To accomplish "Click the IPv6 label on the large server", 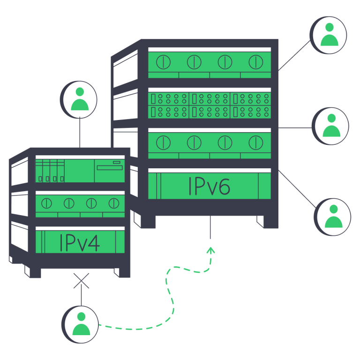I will pyautogui.click(x=209, y=186).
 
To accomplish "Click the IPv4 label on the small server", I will pyautogui.click(x=80, y=242).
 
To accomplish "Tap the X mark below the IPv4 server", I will pyautogui.click(x=82, y=281).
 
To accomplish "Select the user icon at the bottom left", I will pyautogui.click(x=81, y=324).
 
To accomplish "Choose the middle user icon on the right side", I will pyautogui.click(x=331, y=126).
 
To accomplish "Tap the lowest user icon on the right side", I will pyautogui.click(x=332, y=216).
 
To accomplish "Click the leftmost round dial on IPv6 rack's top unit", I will pyautogui.click(x=163, y=61).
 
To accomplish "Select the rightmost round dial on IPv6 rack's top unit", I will pyautogui.click(x=255, y=61).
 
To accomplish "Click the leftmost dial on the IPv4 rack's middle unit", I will pyautogui.click(x=46, y=203).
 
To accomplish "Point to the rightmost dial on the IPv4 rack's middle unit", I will pyautogui.click(x=113, y=203).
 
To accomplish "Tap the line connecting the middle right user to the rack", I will pyautogui.click(x=295, y=127).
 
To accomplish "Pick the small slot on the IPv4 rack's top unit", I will pyautogui.click(x=117, y=162).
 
